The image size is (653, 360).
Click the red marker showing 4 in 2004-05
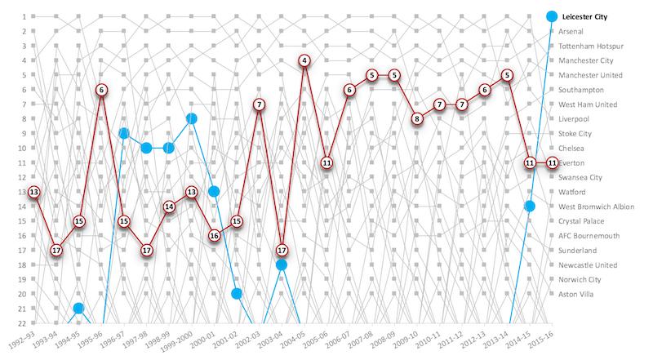coord(304,60)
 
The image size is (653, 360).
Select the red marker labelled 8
coord(416,118)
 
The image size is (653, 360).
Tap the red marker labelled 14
coord(169,207)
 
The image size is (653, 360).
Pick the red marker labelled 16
coord(214,235)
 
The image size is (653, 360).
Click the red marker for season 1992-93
coord(33,192)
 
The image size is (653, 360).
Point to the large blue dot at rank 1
coord(552,16)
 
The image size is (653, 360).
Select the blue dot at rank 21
coord(78,308)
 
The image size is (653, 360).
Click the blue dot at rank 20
coord(237,294)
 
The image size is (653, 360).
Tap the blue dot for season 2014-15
coord(529,207)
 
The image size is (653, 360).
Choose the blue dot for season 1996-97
coord(124,133)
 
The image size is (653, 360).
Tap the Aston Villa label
coord(577,294)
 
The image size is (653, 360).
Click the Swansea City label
coord(581,177)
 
